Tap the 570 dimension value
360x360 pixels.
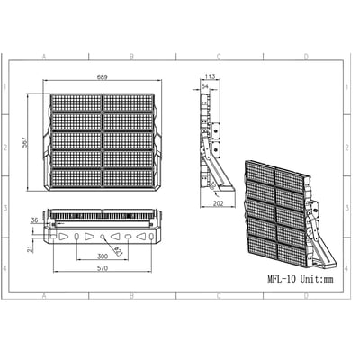point(103,269)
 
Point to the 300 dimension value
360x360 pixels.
point(103,256)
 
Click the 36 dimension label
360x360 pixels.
point(34,220)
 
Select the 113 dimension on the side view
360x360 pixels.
point(210,77)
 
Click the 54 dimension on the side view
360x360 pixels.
point(204,86)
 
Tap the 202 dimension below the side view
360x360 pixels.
point(219,203)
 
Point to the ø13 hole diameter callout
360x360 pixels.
point(118,251)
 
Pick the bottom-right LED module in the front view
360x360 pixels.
point(129,178)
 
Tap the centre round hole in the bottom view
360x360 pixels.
point(103,237)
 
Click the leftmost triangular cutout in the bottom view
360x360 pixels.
point(63,237)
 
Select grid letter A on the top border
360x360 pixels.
point(43,57)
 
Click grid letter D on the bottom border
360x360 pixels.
point(305,295)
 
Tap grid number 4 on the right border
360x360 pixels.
point(353,268)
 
